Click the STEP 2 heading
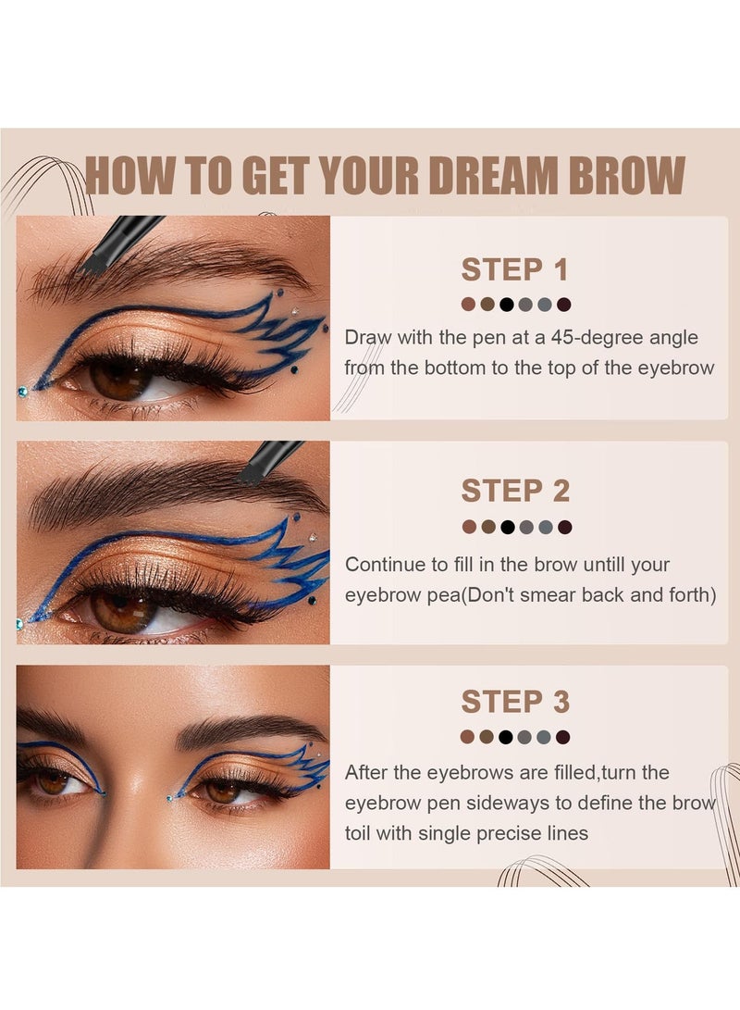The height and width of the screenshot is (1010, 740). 515,491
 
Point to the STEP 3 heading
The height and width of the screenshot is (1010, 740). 515,702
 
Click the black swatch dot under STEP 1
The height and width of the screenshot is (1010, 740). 506,304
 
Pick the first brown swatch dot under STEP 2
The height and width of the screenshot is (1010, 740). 468,527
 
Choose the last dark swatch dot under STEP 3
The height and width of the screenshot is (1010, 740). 564,737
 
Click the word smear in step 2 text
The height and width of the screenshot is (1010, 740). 550,594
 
